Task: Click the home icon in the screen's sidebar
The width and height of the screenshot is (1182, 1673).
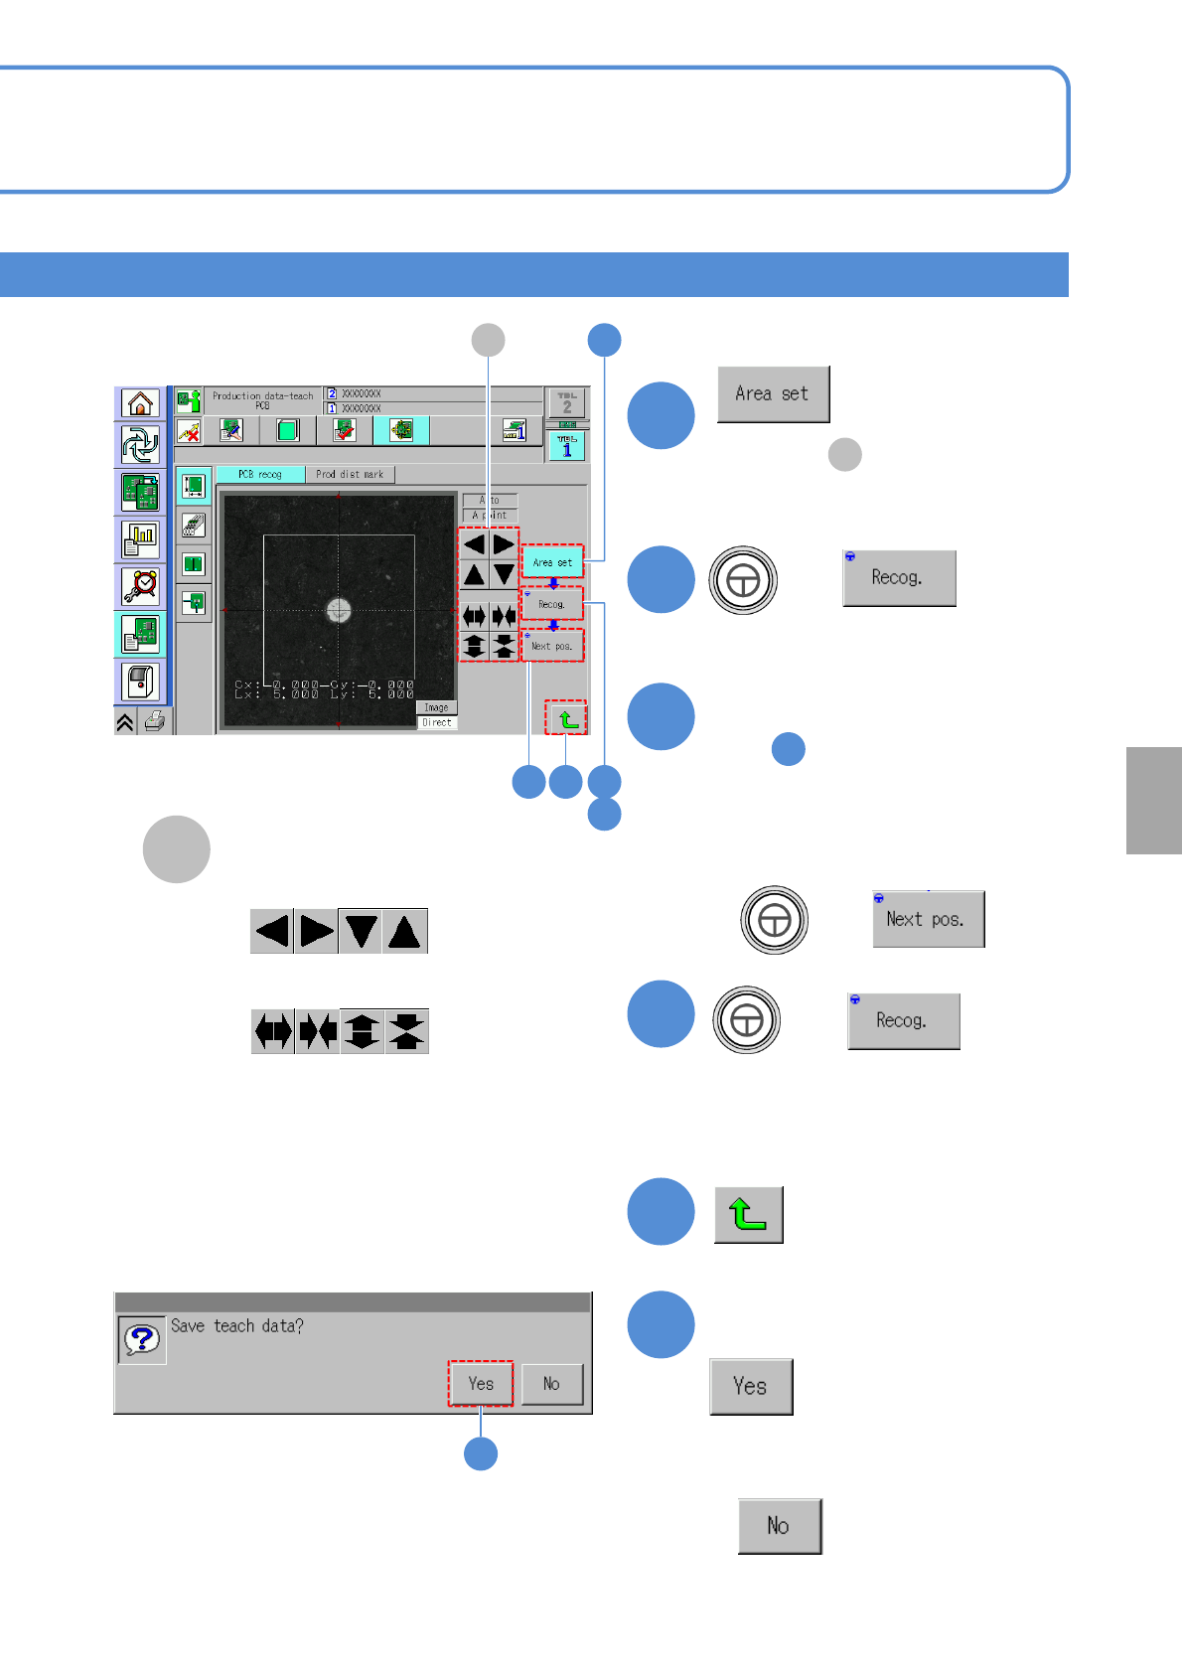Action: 140,403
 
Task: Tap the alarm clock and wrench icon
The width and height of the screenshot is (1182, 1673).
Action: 140,586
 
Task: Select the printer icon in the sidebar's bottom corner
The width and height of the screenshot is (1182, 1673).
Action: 155,722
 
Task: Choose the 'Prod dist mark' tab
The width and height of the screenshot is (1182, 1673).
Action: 350,475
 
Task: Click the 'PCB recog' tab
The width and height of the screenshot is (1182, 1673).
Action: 260,475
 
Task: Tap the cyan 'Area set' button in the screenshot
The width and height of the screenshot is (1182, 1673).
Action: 552,562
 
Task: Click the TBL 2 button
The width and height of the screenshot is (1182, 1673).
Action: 567,403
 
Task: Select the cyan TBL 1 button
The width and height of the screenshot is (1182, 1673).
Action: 567,446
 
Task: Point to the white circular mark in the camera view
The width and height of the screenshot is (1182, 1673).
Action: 339,611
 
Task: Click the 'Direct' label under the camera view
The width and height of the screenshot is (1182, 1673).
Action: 437,722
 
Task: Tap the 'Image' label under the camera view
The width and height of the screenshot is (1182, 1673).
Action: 437,707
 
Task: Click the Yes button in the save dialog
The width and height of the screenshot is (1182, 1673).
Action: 481,1384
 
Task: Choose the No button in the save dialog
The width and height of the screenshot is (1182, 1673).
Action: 551,1384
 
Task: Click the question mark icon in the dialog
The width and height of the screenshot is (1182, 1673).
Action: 142,1339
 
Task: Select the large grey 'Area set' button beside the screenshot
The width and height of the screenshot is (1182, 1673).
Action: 773,394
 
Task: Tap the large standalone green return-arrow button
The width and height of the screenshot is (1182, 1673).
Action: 749,1214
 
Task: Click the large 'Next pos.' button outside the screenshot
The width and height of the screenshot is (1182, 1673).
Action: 928,919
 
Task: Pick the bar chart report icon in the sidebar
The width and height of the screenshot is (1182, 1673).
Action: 140,539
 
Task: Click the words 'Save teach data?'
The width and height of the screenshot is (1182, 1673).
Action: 237,1326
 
